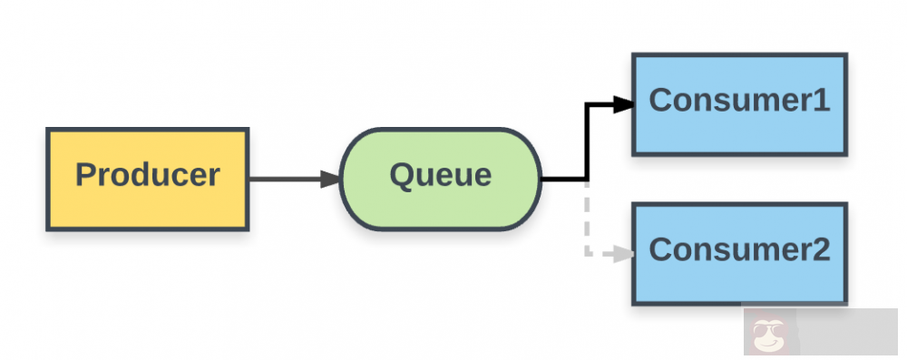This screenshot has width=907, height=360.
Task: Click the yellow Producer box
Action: coord(147,180)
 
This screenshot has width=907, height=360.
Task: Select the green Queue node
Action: coord(440,179)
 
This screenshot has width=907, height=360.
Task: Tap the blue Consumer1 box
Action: coord(739,104)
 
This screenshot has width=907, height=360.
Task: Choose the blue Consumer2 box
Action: coord(739,254)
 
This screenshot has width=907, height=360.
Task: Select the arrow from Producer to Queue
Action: coord(290,180)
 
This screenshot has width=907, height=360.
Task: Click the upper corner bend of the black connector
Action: coord(588,105)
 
